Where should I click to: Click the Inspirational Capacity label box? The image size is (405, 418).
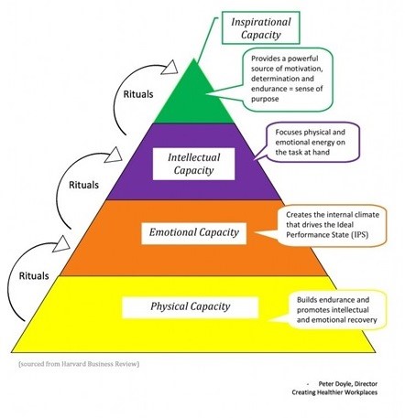[x=260, y=27]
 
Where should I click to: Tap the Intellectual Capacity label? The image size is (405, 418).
[x=193, y=164]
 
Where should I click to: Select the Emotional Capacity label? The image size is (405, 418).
[x=193, y=233]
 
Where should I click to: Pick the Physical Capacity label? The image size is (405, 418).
[x=190, y=307]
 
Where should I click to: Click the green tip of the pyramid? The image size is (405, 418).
[x=193, y=59]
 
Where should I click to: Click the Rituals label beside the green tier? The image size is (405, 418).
[x=138, y=94]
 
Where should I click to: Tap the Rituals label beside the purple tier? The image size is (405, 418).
[x=83, y=185]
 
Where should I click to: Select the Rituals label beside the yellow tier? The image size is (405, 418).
[x=34, y=276]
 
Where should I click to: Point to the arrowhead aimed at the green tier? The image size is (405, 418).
[x=170, y=68]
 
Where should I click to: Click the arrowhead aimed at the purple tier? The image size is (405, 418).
[x=114, y=155]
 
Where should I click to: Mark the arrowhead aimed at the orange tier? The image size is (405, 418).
[x=61, y=244]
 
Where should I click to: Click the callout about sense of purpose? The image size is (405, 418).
[x=286, y=79]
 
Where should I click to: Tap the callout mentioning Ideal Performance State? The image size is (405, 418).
[x=331, y=225]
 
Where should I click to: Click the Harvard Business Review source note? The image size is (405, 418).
[x=79, y=364]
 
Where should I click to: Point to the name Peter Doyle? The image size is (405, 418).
[x=334, y=384]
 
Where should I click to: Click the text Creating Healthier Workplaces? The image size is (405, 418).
[x=334, y=392]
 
